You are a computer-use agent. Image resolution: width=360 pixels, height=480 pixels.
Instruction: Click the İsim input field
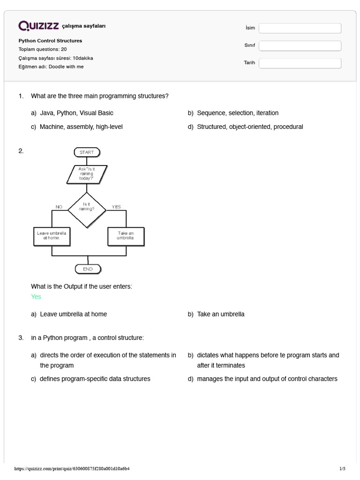click(300, 28)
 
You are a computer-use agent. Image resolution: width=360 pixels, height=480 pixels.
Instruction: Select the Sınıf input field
click(300, 45)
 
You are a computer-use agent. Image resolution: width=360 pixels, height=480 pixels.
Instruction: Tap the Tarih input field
click(300, 63)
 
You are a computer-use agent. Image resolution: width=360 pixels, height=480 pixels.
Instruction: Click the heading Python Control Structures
click(50, 41)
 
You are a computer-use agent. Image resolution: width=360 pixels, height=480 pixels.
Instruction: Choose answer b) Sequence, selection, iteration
click(238, 113)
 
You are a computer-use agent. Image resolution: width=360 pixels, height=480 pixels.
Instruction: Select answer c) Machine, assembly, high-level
click(81, 127)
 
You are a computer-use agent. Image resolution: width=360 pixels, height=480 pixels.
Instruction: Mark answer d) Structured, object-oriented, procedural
click(250, 127)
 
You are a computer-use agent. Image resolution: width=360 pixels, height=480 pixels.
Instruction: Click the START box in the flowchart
click(87, 152)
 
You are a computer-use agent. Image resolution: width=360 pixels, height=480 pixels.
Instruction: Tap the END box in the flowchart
click(88, 269)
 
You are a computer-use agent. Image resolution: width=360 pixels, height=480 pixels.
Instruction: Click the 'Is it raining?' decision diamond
click(87, 207)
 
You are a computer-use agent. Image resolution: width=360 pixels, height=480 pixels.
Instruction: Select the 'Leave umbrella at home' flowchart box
click(52, 236)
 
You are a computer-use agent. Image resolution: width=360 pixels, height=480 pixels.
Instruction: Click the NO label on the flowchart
click(59, 207)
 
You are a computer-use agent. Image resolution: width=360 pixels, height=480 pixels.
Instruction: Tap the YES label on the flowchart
click(116, 207)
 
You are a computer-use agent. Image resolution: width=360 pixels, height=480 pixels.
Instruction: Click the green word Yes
click(36, 297)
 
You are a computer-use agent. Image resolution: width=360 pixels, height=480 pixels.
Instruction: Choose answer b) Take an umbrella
click(220, 314)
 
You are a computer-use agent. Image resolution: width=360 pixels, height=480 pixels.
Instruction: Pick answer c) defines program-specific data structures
click(95, 379)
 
